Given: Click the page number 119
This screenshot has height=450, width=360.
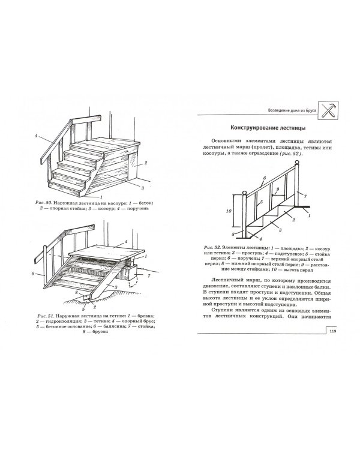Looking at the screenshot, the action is coord(332,331).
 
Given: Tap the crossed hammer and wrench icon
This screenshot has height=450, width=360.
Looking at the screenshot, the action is coord(328,110).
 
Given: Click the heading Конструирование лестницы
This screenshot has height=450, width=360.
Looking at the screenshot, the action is coord(268,128).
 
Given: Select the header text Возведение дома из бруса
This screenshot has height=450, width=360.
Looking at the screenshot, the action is coord(292,110).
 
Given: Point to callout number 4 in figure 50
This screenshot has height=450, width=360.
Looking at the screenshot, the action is coord(36,136).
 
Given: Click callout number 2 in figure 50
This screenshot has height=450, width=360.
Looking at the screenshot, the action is coord(146,163).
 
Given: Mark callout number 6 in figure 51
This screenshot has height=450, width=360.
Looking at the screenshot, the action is coord(33,274).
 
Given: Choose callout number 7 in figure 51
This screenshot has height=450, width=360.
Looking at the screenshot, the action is coord(149,276).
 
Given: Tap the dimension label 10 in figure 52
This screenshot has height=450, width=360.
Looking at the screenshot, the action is coord(229,211).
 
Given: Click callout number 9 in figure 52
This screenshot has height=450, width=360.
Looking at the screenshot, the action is coord(277,189).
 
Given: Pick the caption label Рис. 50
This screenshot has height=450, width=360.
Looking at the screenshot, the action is coord(43,203).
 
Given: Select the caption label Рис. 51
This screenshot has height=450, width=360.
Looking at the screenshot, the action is coord(45,316).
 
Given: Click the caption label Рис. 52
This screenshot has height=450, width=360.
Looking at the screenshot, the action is coord(212,247).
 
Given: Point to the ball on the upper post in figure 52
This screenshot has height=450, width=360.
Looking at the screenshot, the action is coord(297,164).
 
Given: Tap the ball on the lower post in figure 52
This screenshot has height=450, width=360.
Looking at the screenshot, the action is coord(244,193).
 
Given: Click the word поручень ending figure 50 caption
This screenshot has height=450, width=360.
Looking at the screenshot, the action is coord(136,208).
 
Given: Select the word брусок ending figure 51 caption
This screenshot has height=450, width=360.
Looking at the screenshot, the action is coord(100,332).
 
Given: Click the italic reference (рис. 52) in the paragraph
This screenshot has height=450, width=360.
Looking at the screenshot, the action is coord(290,154).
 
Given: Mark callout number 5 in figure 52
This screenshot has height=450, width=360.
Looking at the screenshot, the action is coord(262,202).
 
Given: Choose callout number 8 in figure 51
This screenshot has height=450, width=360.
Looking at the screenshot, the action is coord(76,292).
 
